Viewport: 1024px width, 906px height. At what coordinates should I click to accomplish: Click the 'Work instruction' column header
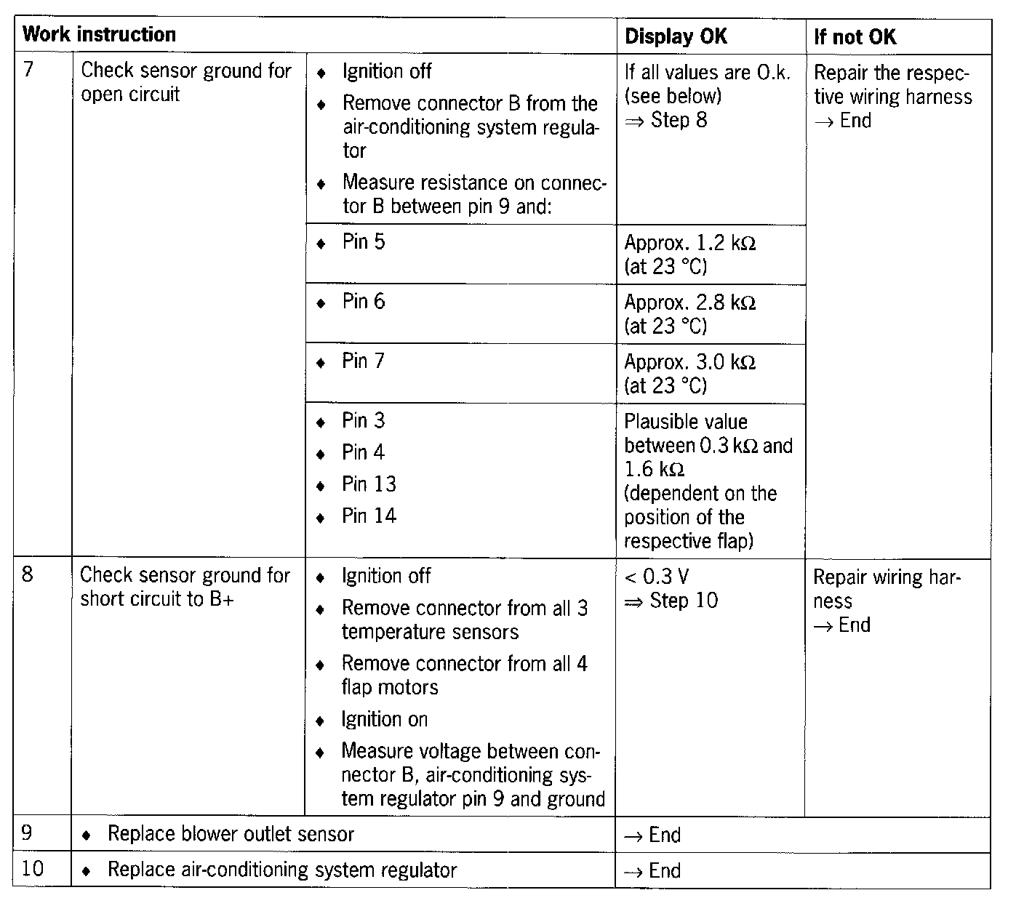(99, 35)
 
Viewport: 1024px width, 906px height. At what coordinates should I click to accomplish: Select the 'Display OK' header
(675, 36)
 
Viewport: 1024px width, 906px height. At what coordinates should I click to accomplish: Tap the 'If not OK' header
(855, 36)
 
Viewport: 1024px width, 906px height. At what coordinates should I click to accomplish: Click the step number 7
(28, 71)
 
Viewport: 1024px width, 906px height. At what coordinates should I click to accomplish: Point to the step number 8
(28, 575)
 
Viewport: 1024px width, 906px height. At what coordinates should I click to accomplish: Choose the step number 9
(28, 833)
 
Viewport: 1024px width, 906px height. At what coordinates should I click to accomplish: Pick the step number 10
(33, 869)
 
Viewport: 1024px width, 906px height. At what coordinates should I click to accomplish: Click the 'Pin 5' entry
(364, 241)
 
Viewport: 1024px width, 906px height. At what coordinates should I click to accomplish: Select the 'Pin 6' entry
(364, 301)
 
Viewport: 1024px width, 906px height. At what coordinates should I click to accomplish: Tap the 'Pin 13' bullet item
(369, 484)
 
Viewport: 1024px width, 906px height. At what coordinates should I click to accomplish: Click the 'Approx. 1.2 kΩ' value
(689, 243)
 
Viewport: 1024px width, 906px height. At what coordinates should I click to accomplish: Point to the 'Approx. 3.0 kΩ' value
(689, 362)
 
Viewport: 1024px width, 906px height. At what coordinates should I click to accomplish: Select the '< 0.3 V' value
(656, 577)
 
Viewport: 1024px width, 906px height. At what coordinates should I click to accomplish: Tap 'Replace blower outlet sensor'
(231, 834)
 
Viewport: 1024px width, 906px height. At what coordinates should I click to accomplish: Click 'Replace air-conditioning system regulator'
(282, 870)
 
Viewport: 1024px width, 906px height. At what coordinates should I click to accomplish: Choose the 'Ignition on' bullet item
(384, 720)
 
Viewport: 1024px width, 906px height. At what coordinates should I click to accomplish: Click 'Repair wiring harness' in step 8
(887, 589)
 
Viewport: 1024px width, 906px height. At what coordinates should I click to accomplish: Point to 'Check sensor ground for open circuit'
(185, 82)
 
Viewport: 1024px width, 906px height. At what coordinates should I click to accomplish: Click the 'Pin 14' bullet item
(369, 516)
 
